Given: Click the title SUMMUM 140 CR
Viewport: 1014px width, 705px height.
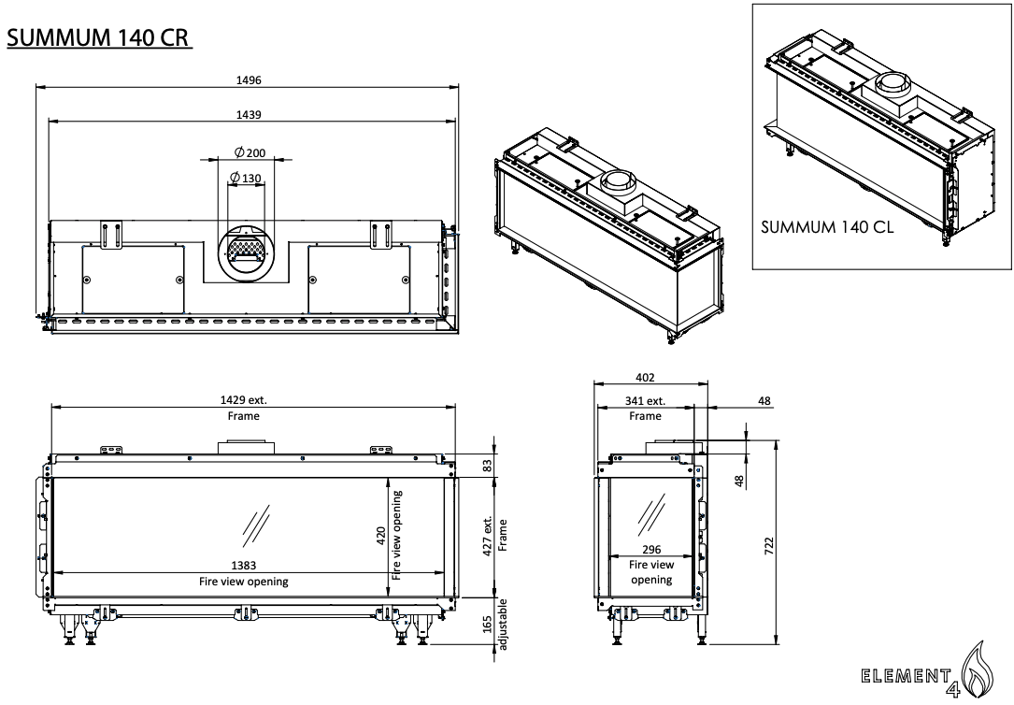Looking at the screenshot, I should point(100,39).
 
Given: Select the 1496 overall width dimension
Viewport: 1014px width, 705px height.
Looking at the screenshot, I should point(249,79).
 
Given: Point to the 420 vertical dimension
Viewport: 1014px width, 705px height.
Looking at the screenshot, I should point(381,536).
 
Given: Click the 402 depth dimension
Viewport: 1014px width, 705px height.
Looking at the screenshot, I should point(645,377).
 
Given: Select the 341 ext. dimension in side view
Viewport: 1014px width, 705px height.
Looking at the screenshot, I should point(644,401).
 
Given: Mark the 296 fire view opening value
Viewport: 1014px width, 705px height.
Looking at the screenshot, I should point(650,550).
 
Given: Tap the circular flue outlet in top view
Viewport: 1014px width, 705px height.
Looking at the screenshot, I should point(249,252).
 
